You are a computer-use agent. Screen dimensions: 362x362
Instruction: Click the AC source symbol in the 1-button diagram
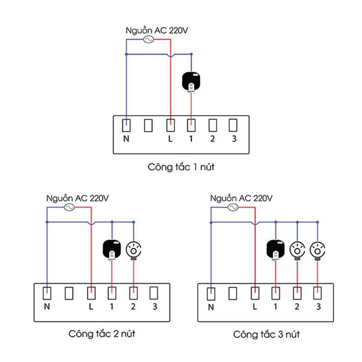pyautogui.click(x=148, y=40)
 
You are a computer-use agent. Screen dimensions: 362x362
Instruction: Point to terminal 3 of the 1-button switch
pyautogui.click(x=233, y=125)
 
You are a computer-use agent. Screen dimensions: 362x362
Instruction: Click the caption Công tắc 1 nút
pyautogui.click(x=181, y=167)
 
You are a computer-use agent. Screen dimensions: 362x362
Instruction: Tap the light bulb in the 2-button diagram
pyautogui.click(x=133, y=248)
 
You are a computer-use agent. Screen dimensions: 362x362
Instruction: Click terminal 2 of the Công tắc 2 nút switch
pyautogui.click(x=133, y=293)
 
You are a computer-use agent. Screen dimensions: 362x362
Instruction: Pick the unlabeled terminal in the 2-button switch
pyautogui.click(x=69, y=293)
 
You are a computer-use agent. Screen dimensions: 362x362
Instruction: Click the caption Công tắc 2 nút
pyautogui.click(x=102, y=334)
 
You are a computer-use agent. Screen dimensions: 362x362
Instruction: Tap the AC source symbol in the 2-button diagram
pyautogui.click(x=69, y=208)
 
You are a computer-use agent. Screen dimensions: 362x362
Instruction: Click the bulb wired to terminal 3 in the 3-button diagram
pyautogui.click(x=318, y=249)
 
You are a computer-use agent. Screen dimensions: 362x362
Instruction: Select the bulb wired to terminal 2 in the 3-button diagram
pyautogui.click(x=297, y=249)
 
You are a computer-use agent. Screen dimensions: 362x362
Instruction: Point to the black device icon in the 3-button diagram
pyautogui.click(x=276, y=249)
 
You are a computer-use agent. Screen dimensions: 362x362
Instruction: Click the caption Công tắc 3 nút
pyautogui.click(x=267, y=335)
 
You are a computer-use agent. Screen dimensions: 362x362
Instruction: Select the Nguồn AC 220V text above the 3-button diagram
pyautogui.click(x=242, y=199)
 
